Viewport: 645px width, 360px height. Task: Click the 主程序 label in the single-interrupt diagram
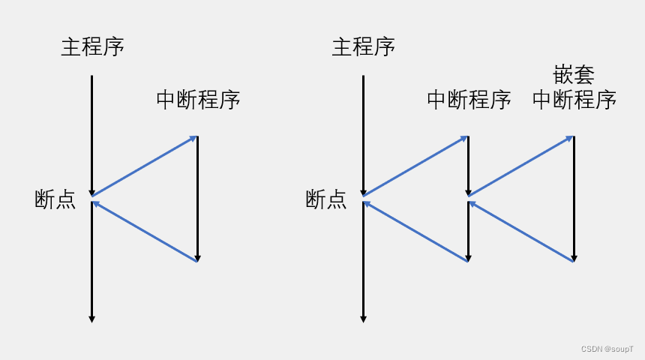coord(92,46)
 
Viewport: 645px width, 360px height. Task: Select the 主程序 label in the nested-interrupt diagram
coord(363,46)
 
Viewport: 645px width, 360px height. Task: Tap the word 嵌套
coord(574,76)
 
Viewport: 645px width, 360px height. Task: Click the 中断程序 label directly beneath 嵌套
coord(574,99)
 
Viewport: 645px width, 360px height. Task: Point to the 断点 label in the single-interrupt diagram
coord(55,199)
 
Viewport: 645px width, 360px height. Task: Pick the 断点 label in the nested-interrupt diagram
coord(326,199)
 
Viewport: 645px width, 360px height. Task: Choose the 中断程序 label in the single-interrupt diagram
coord(198,99)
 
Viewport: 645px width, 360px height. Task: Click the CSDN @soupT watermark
coord(608,349)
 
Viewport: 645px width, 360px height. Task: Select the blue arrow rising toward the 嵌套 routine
coord(520,166)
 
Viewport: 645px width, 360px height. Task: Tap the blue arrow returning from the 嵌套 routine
coord(520,230)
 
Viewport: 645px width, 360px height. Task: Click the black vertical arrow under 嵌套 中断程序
coord(574,199)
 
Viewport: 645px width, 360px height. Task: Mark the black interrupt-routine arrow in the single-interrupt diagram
coord(197,199)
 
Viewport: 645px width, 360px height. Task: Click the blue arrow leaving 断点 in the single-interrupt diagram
coord(144,166)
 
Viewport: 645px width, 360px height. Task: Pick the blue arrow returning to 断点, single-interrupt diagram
coord(144,230)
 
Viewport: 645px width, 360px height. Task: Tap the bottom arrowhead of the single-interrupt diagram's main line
coord(92,319)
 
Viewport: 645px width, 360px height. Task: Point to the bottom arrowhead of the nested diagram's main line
coord(363,319)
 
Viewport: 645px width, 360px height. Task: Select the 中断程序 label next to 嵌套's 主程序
coord(469,99)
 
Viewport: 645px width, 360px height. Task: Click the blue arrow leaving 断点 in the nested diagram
coord(415,166)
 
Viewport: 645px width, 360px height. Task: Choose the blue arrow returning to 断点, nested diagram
coord(415,230)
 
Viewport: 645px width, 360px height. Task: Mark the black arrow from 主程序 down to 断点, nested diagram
coord(363,135)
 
